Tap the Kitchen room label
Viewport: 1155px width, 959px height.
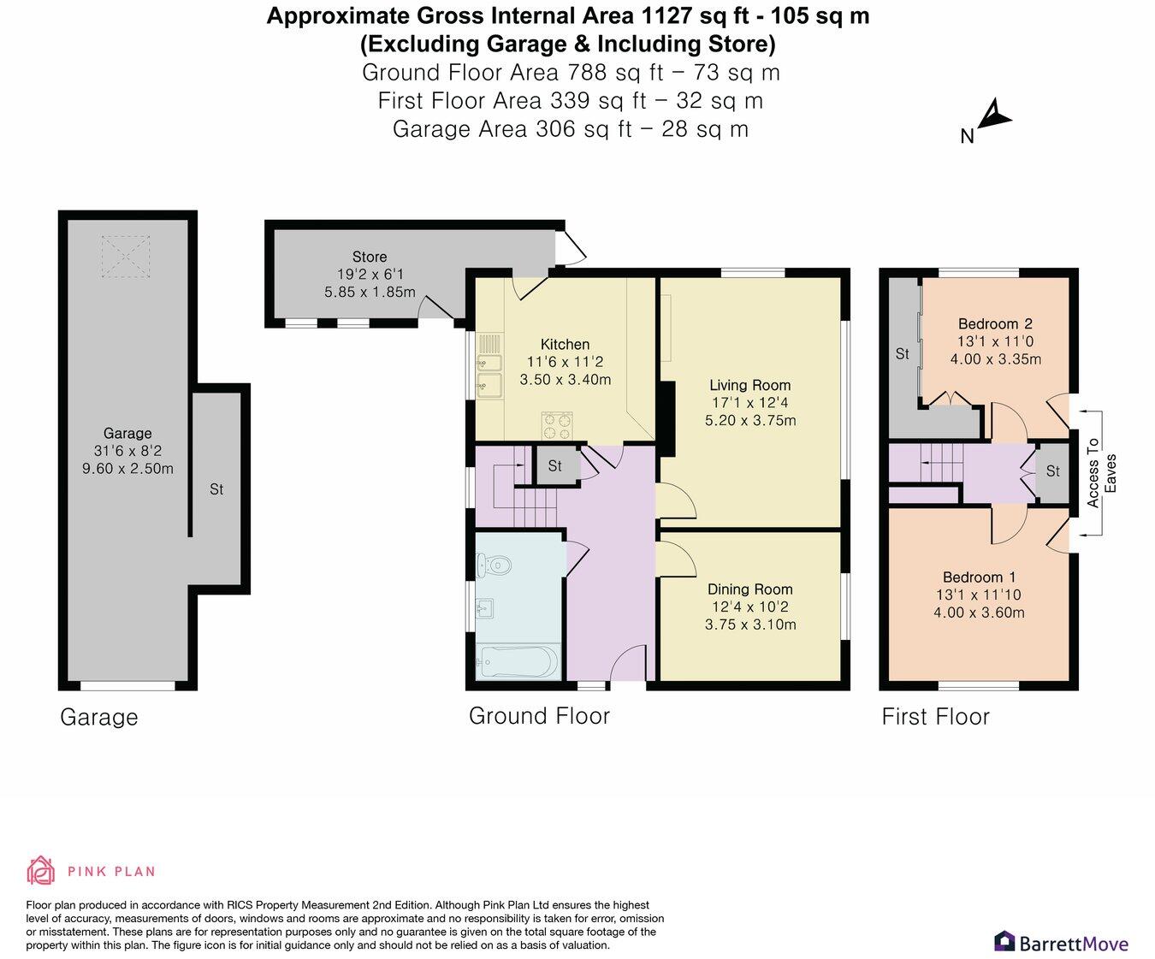tap(565, 345)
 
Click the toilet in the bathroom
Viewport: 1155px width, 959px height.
tap(495, 564)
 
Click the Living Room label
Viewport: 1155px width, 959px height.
tap(749, 385)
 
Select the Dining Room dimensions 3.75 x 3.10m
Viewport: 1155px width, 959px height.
tap(749, 625)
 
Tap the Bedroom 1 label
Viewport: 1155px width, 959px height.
tap(979, 577)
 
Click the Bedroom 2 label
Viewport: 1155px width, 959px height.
tap(994, 323)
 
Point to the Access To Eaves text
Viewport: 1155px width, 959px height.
tap(1101, 473)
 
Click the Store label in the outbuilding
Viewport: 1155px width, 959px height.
tap(369, 257)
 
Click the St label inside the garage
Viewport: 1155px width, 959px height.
tap(216, 489)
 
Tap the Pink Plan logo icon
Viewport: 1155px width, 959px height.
tap(40, 871)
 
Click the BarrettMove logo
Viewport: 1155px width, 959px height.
tap(1061, 943)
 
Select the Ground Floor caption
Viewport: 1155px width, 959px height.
tap(539, 716)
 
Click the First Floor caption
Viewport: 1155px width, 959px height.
tap(935, 716)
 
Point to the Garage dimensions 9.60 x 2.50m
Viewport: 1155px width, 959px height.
tap(127, 468)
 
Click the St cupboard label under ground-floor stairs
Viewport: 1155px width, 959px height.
tap(555, 466)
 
